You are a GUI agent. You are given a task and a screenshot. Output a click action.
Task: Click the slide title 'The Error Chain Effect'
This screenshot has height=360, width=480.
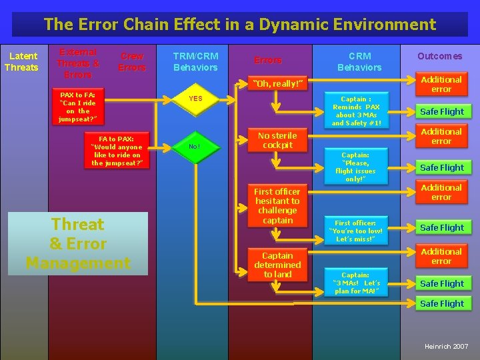(x=239, y=25)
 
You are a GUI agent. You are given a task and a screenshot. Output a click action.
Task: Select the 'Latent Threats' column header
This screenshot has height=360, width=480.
(x=21, y=61)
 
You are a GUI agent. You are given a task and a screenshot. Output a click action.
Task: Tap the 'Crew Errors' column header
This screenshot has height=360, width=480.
(x=132, y=61)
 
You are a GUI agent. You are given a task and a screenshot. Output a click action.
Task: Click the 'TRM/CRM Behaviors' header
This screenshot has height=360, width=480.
(x=195, y=61)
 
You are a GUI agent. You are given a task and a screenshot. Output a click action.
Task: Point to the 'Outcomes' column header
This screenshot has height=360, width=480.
(x=439, y=56)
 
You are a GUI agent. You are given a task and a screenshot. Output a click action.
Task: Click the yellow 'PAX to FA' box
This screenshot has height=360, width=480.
(x=78, y=107)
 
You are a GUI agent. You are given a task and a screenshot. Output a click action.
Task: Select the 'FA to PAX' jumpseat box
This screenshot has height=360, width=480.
(x=116, y=151)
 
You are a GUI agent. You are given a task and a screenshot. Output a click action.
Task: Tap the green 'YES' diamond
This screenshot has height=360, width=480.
(x=196, y=99)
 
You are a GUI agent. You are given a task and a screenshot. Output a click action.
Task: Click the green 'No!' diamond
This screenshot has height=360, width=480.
(x=194, y=146)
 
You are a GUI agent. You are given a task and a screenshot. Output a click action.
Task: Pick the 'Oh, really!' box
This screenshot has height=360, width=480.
(x=277, y=83)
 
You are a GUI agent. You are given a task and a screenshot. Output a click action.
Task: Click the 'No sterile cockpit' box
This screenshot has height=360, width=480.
(x=277, y=140)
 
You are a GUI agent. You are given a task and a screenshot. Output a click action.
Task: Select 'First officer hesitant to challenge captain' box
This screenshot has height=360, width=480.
(x=277, y=205)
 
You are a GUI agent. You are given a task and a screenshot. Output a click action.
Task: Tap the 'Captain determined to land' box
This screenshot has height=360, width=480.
(x=277, y=265)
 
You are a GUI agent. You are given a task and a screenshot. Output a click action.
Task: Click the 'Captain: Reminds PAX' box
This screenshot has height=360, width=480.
(x=356, y=111)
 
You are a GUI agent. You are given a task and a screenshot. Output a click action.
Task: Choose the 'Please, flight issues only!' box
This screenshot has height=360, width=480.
(x=355, y=167)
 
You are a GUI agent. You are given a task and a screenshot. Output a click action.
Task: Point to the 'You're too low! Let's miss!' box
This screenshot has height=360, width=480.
(x=355, y=231)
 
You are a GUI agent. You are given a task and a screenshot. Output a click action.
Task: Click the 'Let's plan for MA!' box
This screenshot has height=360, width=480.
(x=355, y=283)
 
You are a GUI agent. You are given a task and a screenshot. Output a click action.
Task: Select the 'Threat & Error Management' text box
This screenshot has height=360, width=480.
(x=78, y=243)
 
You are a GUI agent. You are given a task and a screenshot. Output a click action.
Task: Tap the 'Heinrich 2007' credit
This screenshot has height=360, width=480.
(x=446, y=347)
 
